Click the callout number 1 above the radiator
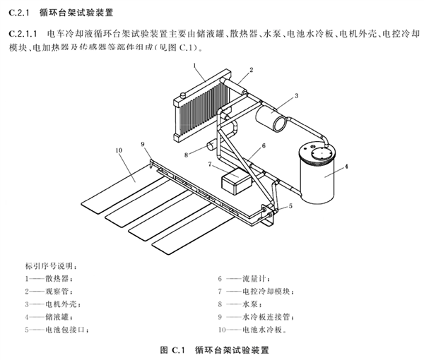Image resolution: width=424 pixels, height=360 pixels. pyautogui.click(x=193, y=64)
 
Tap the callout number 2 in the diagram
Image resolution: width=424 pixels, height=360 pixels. pyautogui.click(x=250, y=70)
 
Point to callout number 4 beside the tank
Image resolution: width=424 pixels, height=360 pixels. pyautogui.click(x=347, y=167)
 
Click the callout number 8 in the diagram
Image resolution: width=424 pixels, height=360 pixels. pyautogui.click(x=187, y=154)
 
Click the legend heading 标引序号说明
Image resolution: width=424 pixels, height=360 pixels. pyautogui.click(x=52, y=266)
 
